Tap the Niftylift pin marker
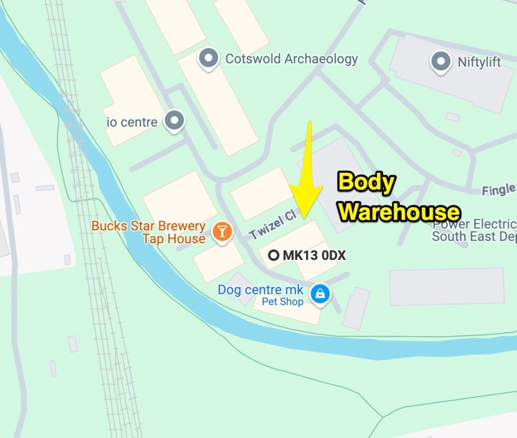(440, 62)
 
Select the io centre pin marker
(174, 121)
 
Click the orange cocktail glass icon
(222, 230)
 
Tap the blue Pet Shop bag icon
(320, 294)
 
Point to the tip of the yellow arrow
(302, 217)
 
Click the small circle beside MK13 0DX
(274, 255)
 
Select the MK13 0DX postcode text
(314, 255)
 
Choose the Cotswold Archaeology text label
(291, 59)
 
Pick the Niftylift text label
(479, 62)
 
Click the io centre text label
(132, 122)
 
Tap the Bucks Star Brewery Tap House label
(148, 232)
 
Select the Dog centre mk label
(260, 289)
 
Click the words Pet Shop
(282, 302)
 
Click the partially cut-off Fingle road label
(499, 190)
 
